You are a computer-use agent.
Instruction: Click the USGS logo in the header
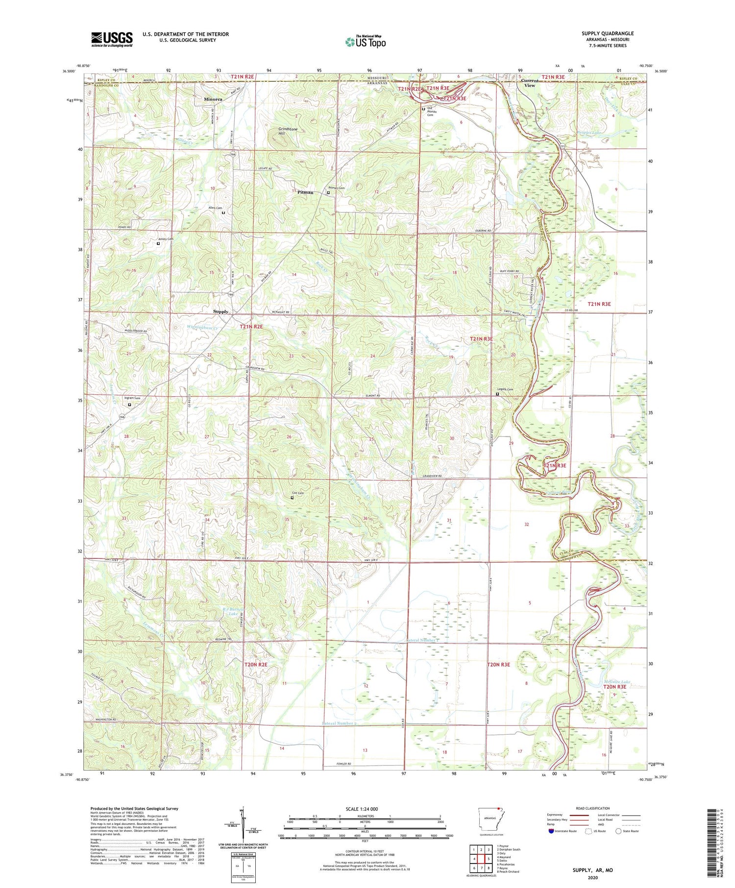112,39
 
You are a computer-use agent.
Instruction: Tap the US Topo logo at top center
365,42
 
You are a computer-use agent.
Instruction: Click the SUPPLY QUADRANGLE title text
607,34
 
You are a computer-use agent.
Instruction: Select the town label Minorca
213,99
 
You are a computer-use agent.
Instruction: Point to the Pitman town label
305,192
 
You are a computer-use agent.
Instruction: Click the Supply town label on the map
220,312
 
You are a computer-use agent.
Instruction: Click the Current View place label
530,83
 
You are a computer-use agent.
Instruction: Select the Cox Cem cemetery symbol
292,498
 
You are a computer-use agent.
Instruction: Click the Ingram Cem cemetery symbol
130,405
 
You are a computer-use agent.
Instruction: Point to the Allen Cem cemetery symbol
223,213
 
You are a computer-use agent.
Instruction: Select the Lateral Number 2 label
340,723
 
